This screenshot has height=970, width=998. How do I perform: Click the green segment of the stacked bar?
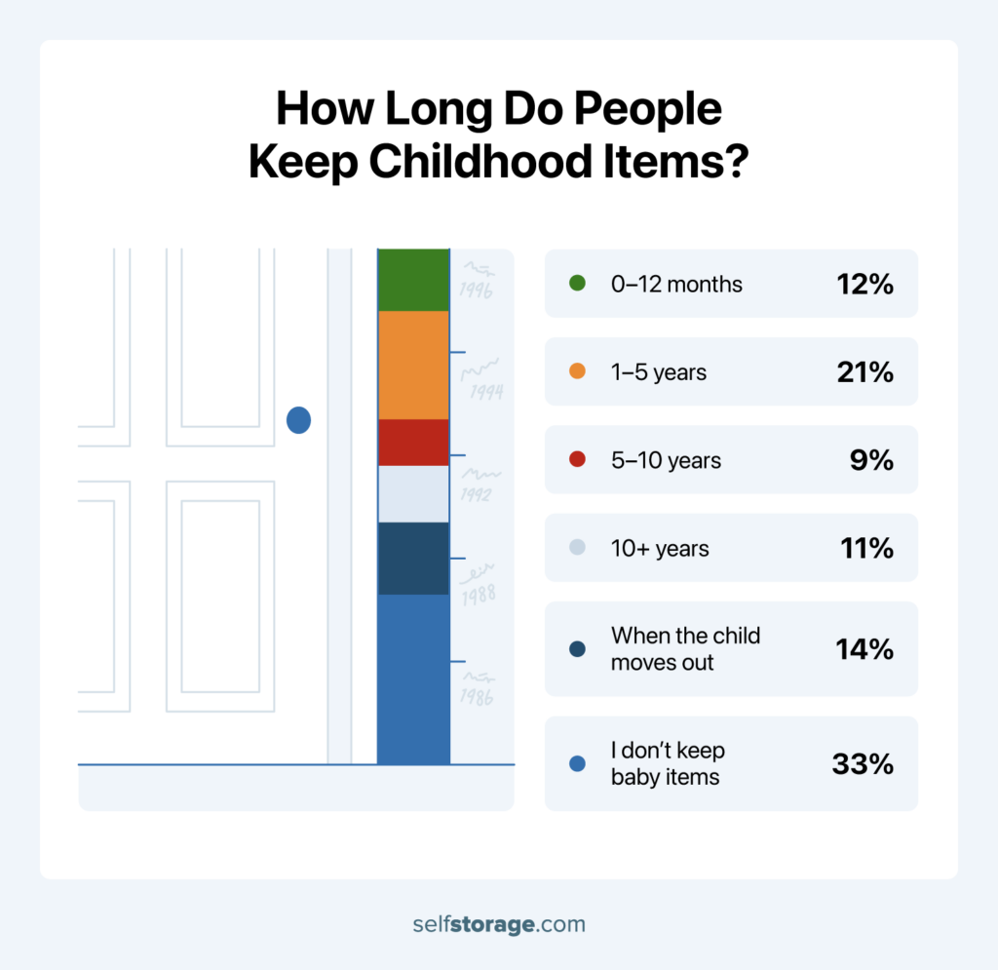pos(412,280)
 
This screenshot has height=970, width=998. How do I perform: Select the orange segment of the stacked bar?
pos(412,365)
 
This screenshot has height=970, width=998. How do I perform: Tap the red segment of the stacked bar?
pos(412,442)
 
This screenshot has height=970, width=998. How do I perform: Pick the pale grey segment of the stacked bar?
pos(412,493)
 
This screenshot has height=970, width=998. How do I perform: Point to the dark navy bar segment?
pos(412,558)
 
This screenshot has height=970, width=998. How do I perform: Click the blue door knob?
pos(298,420)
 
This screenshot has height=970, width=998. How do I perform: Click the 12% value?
pos(864,284)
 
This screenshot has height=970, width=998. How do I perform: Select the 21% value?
pos(864,371)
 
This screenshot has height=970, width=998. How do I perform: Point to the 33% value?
pos(863,764)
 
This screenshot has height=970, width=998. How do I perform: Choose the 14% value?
pos(864,649)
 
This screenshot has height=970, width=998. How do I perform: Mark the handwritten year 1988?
pos(479,592)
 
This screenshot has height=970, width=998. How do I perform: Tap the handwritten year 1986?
pos(477,696)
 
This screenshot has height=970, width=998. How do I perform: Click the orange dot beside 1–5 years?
pos(577,371)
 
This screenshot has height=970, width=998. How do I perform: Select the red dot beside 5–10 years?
pos(577,460)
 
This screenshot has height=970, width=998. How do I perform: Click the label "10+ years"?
pos(660,549)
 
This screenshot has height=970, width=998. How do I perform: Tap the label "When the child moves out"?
pos(685,649)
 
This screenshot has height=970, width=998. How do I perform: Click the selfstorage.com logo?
pos(498,923)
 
